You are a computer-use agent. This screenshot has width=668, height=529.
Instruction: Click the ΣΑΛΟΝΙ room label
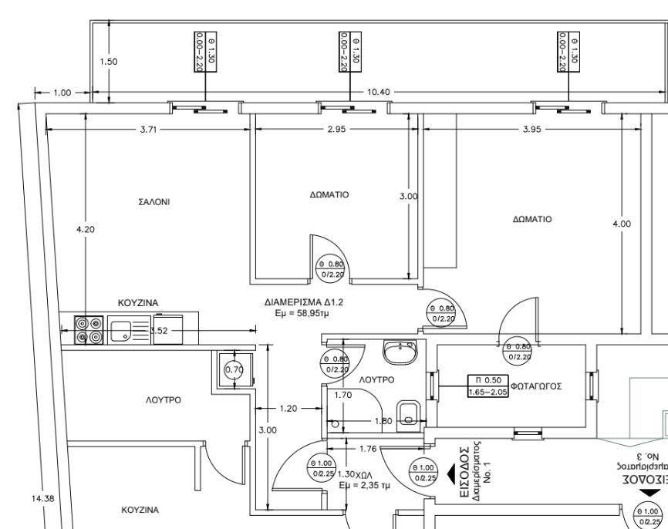click(154, 202)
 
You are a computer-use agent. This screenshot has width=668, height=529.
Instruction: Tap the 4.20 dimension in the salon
click(86, 229)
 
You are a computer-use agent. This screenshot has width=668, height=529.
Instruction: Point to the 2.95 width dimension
click(336, 130)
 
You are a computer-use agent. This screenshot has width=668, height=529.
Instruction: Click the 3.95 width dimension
click(531, 130)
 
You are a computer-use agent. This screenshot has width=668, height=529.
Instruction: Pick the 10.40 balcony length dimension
click(378, 92)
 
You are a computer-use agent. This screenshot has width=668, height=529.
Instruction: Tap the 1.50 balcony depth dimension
click(110, 62)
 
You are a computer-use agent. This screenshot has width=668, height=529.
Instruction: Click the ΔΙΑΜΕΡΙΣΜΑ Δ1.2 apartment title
click(303, 302)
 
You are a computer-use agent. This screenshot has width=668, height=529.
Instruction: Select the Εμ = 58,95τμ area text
click(303, 314)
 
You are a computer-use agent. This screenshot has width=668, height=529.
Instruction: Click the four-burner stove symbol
click(88, 330)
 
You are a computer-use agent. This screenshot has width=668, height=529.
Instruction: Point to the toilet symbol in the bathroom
click(408, 413)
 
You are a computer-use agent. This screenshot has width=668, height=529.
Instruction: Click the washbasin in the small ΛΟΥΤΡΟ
click(400, 352)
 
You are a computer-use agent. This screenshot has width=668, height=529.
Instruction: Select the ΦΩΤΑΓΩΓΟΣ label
click(535, 386)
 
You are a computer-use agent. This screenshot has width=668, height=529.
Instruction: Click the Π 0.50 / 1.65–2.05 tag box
click(487, 386)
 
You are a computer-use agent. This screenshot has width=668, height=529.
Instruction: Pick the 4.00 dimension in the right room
click(621, 224)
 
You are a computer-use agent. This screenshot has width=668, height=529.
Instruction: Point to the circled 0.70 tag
click(233, 369)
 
